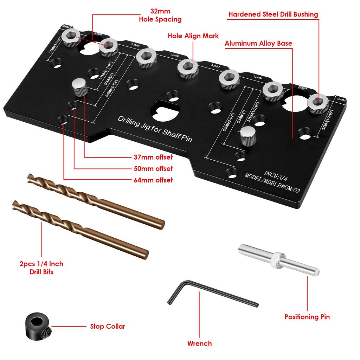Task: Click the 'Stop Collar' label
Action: coord(107,327)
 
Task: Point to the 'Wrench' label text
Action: coord(199,343)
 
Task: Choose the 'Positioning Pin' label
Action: coord(307,317)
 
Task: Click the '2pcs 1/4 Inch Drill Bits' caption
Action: coord(41,268)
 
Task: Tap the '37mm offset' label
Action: coord(153,157)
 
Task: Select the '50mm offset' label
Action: coord(153,169)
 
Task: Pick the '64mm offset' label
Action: coord(153,180)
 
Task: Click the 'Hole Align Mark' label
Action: coord(193,36)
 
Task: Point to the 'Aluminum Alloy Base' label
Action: coord(258,44)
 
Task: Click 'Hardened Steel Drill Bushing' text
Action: coord(273,14)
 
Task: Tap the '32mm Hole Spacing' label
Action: coord(160,15)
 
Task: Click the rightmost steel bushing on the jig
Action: coord(318,102)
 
